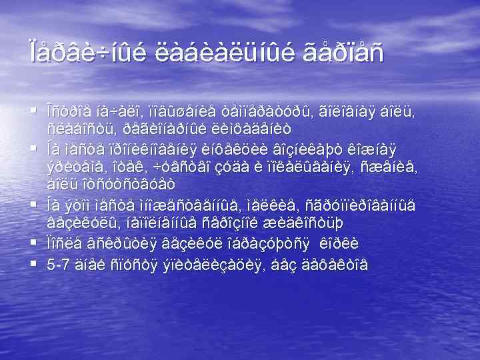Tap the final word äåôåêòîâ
click(x=334, y=265)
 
